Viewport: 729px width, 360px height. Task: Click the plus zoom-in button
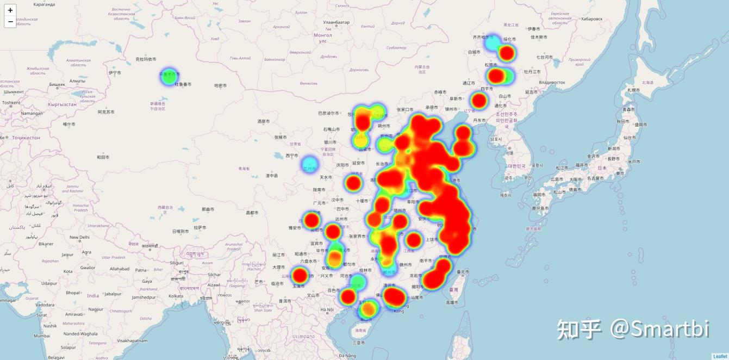(10, 10)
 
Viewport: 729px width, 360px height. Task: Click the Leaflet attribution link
(720, 357)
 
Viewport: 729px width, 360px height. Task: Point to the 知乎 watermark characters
(579, 328)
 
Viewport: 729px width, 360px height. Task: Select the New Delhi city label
(79, 237)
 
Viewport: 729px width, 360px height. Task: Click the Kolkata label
(176, 296)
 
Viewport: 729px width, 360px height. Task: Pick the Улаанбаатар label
(336, 22)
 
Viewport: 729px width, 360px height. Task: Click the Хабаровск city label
(591, 18)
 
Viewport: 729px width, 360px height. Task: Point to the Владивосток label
(552, 83)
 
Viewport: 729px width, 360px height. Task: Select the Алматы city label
(77, 80)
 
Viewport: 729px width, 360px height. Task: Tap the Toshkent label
(11, 102)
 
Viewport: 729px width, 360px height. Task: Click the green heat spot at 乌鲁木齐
(169, 77)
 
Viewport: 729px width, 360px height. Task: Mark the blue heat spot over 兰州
(309, 164)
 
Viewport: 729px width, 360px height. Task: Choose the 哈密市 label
(220, 85)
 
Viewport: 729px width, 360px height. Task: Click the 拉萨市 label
(200, 227)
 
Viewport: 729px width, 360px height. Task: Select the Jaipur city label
(67, 255)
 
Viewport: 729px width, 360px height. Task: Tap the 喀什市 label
(69, 124)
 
